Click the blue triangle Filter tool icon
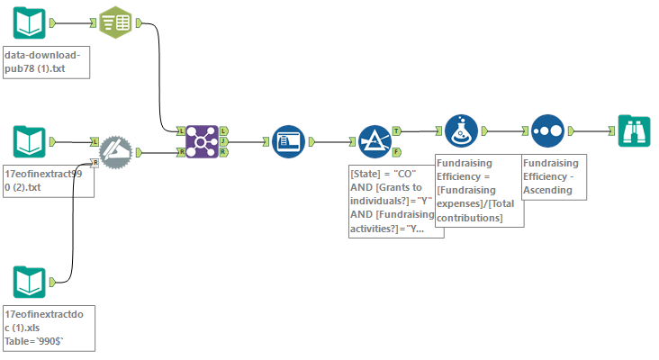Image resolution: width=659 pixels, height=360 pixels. click(374, 141)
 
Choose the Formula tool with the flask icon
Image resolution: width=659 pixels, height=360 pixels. click(461, 130)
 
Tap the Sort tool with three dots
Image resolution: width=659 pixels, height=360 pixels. click(547, 130)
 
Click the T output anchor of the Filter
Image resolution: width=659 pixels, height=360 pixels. click(397, 130)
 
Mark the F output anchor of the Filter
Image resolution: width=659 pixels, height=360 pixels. click(397, 153)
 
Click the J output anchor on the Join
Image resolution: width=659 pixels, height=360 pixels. click(224, 141)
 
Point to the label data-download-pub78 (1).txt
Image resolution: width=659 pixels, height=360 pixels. click(46, 61)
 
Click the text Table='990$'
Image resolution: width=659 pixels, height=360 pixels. click(35, 341)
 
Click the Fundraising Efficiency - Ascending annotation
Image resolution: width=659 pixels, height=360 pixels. click(553, 176)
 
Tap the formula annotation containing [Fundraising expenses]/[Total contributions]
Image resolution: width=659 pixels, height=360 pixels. click(477, 189)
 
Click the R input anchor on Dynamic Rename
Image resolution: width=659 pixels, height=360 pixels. click(95, 162)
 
